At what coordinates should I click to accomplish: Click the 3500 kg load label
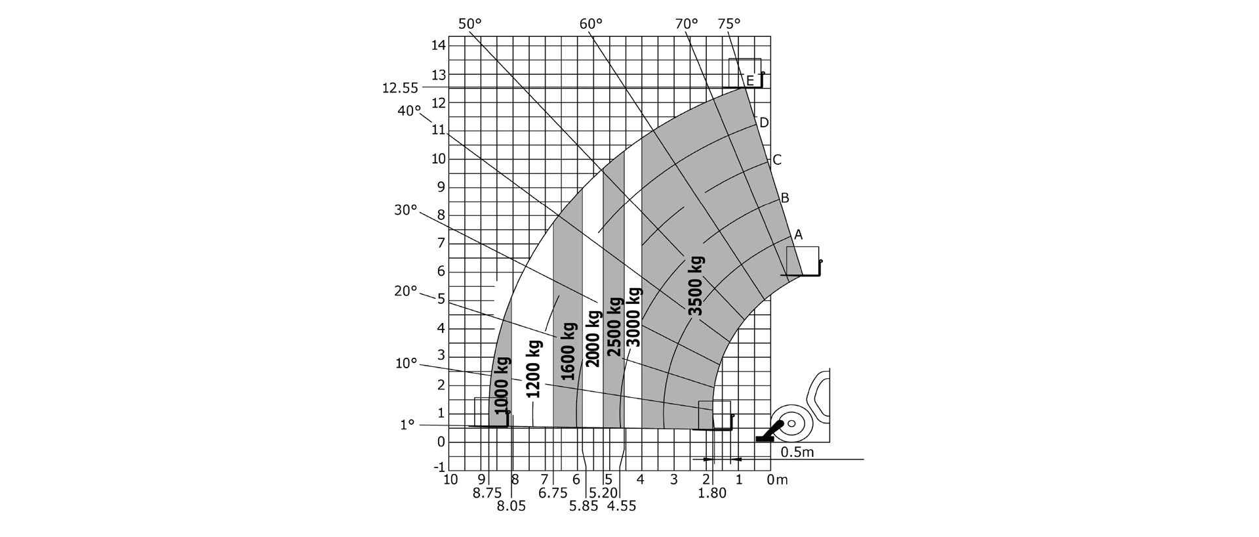click(696, 286)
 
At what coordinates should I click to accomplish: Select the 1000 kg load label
click(502, 385)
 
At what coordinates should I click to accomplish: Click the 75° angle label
click(729, 24)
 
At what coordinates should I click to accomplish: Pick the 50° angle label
click(470, 24)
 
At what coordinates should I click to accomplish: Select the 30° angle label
click(405, 210)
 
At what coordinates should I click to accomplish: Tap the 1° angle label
click(407, 425)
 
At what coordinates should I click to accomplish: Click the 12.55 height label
click(400, 88)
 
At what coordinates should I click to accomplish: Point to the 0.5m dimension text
click(797, 452)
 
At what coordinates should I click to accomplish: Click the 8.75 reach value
click(487, 493)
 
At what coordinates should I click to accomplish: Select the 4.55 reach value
click(622, 506)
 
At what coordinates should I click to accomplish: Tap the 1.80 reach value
click(712, 493)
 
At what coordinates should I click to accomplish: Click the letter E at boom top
click(750, 81)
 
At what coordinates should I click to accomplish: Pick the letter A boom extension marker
click(798, 234)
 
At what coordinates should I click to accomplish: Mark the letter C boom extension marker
click(777, 160)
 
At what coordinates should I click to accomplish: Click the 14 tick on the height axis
click(439, 45)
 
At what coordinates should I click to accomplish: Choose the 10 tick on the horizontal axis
click(450, 479)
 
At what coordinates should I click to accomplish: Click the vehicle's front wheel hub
click(791, 423)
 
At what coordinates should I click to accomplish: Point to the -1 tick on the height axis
click(439, 467)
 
